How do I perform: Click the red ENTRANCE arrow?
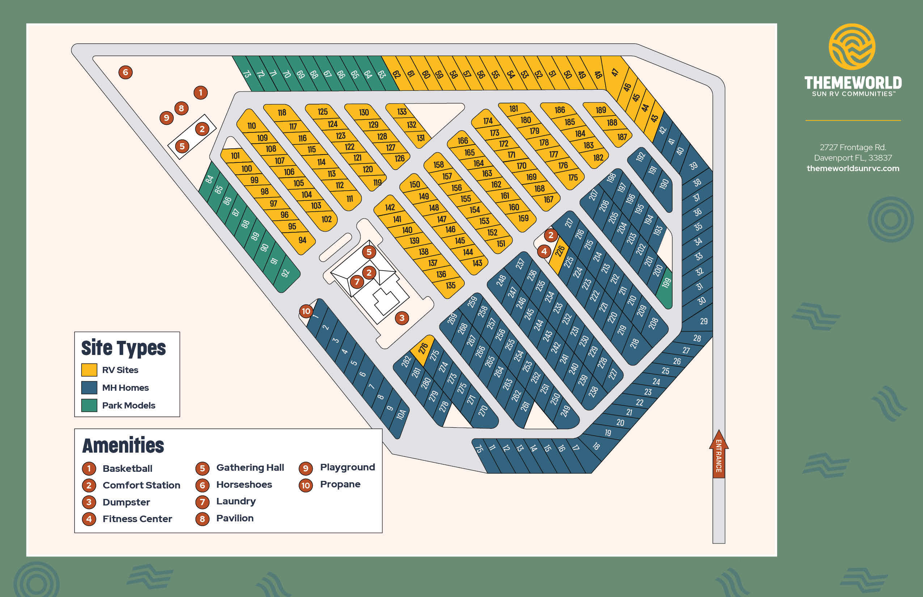718,454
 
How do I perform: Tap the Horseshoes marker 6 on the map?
125,72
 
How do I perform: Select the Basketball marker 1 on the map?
201,93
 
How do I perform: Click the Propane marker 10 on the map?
306,311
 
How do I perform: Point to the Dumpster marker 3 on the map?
402,318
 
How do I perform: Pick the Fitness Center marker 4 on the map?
544,251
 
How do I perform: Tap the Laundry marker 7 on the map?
357,282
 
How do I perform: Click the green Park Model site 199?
666,284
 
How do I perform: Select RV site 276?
423,347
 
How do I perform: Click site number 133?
402,112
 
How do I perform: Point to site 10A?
401,414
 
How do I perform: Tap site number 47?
615,72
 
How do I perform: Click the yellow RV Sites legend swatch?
89,370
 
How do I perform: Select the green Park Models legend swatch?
89,405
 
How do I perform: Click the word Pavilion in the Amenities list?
235,518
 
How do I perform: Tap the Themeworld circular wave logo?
852,47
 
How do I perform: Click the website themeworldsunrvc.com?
853,168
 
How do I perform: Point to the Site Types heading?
123,348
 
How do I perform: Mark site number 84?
210,179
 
